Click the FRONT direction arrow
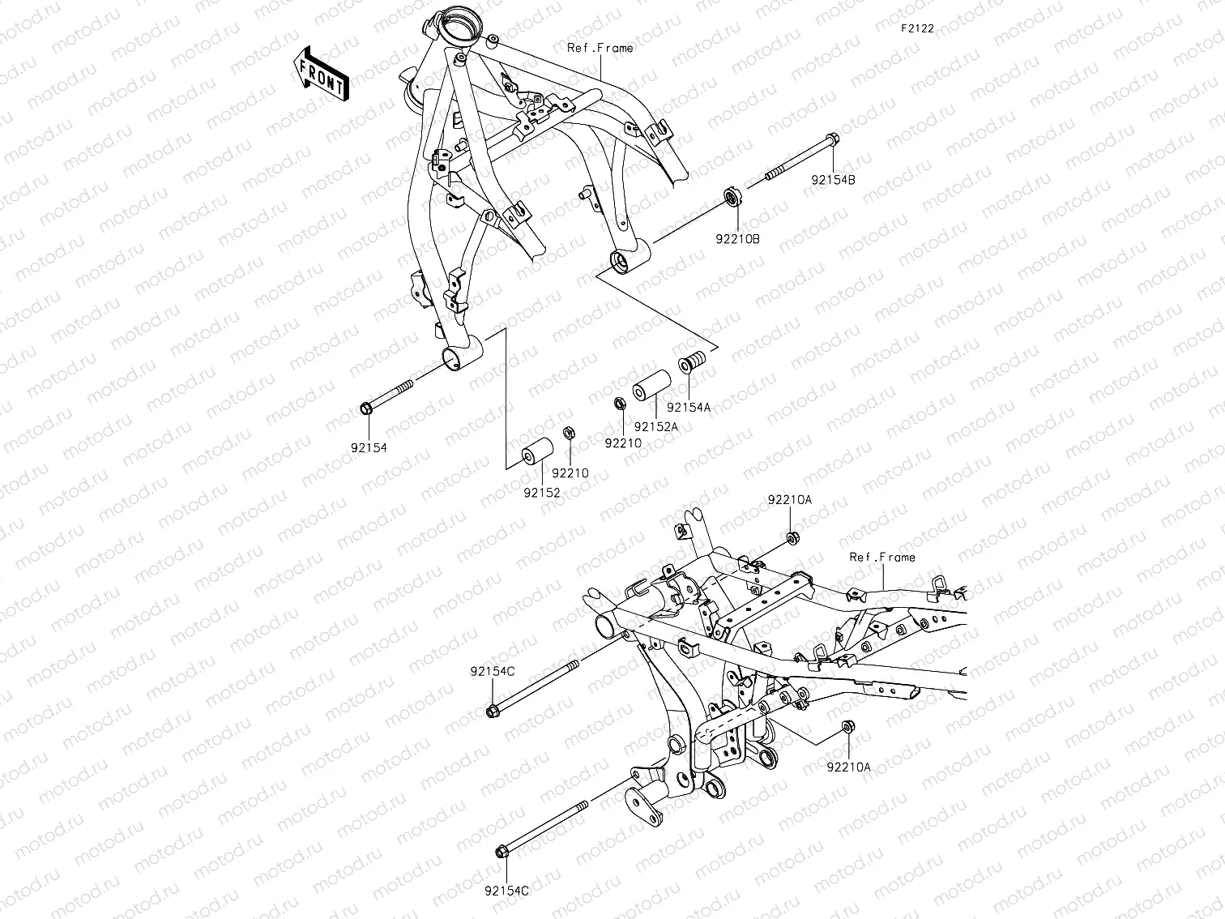(321, 74)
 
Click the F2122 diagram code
(917, 28)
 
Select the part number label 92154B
(833, 181)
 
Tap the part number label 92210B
(737, 239)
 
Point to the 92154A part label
(689, 408)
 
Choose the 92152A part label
(656, 426)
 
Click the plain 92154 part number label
(369, 447)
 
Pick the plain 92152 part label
(542, 492)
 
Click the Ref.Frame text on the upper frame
(600, 48)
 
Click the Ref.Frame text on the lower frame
(882, 557)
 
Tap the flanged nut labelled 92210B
(732, 197)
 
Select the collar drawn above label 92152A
(654, 386)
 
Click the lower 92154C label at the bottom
(506, 890)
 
